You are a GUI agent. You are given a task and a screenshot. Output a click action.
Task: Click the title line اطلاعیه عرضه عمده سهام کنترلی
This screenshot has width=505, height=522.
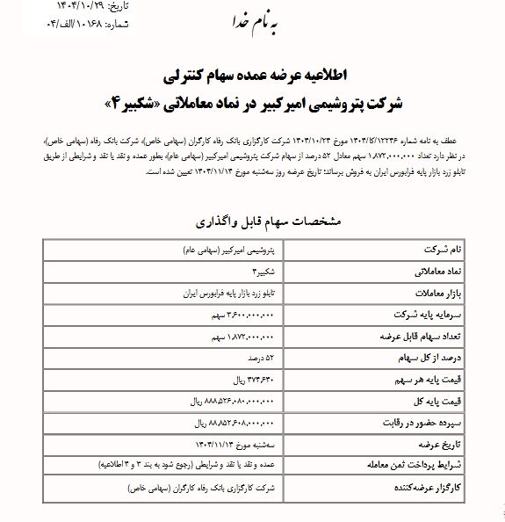[251, 78]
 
